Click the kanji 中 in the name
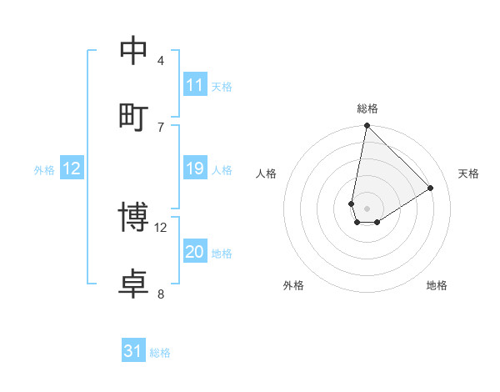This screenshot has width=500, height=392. click(x=133, y=51)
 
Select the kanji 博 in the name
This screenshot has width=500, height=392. click(x=133, y=218)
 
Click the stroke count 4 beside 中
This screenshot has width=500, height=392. click(x=161, y=60)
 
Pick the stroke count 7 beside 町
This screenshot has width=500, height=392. click(x=161, y=127)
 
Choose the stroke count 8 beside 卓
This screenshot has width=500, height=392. click(x=161, y=294)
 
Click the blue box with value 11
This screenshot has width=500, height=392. click(x=195, y=85)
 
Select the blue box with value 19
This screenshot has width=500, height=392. click(x=195, y=168)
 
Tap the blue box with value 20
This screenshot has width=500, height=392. click(x=195, y=252)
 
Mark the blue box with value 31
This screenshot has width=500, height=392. click(x=133, y=351)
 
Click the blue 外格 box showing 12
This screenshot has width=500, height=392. click(x=72, y=168)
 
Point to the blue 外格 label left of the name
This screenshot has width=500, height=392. click(x=44, y=169)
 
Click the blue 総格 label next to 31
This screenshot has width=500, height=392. click(x=160, y=353)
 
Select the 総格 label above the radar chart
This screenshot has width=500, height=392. click(x=367, y=108)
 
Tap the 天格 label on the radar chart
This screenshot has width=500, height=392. click(x=468, y=173)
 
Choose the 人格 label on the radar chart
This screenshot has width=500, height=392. click(x=267, y=173)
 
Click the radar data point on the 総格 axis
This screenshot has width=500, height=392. click(x=367, y=126)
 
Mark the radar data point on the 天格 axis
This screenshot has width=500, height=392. click(x=431, y=188)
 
